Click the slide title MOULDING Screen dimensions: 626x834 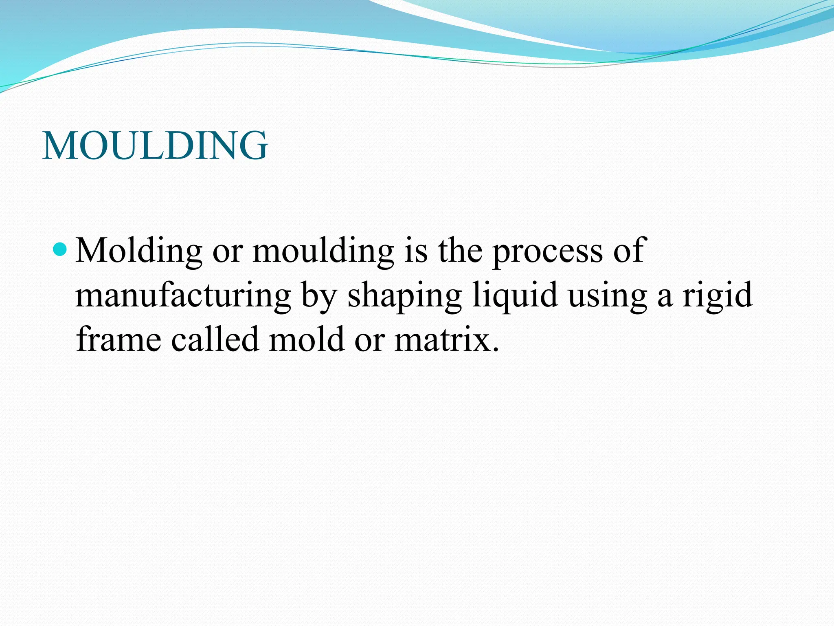(x=155, y=145)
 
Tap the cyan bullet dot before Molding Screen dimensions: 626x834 (x=60, y=249)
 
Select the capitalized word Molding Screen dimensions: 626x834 (x=139, y=251)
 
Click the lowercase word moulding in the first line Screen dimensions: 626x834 (x=323, y=251)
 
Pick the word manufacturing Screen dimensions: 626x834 (x=183, y=295)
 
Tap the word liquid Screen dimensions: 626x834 (x=515, y=295)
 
